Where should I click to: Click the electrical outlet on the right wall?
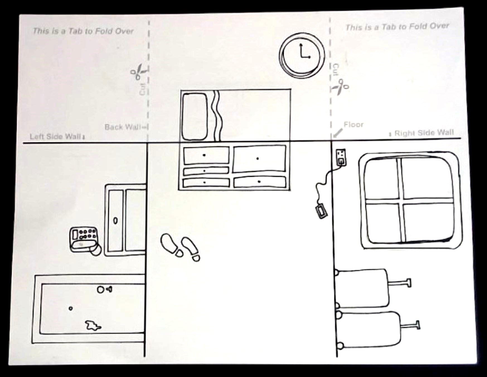coord(341,157)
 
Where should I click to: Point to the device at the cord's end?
coord(321,211)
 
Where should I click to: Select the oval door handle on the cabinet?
coord(115,220)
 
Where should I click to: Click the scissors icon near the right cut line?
coord(340,87)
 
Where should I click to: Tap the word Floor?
coord(353,124)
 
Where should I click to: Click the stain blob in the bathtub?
coord(93,325)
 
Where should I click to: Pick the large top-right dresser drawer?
coord(260,159)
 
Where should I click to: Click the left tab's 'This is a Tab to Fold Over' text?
coord(83,31)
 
